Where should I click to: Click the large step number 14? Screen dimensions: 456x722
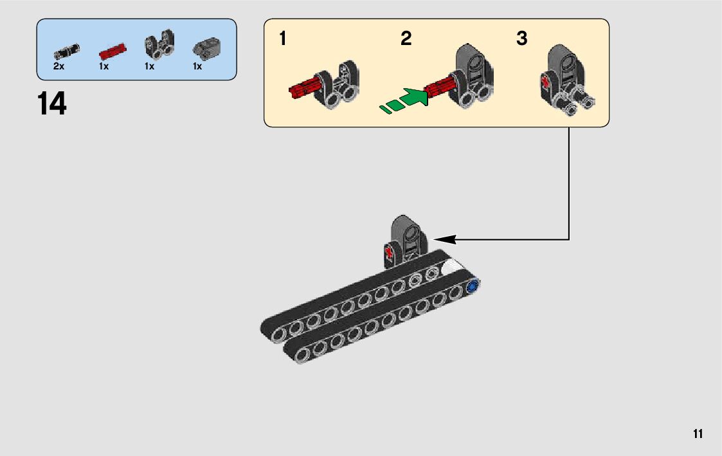(52, 104)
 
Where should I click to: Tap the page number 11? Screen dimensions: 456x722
(698, 434)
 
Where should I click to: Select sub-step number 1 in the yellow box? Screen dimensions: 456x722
(282, 39)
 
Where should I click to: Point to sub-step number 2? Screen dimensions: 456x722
(406, 39)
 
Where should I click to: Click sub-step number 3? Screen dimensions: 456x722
(521, 39)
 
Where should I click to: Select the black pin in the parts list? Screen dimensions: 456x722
(66, 50)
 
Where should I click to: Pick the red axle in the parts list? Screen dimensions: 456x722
(112, 51)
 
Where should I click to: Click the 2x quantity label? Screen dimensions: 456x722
(59, 66)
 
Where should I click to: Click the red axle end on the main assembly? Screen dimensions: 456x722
(389, 251)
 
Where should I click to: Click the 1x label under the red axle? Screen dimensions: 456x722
(104, 66)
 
